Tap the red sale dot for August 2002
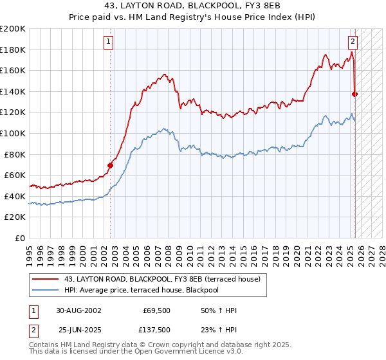110,165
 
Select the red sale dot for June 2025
354,94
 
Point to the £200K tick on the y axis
13,29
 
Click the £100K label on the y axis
13,133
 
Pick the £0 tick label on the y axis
21,238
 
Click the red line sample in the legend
44,279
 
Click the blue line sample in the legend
44,290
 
